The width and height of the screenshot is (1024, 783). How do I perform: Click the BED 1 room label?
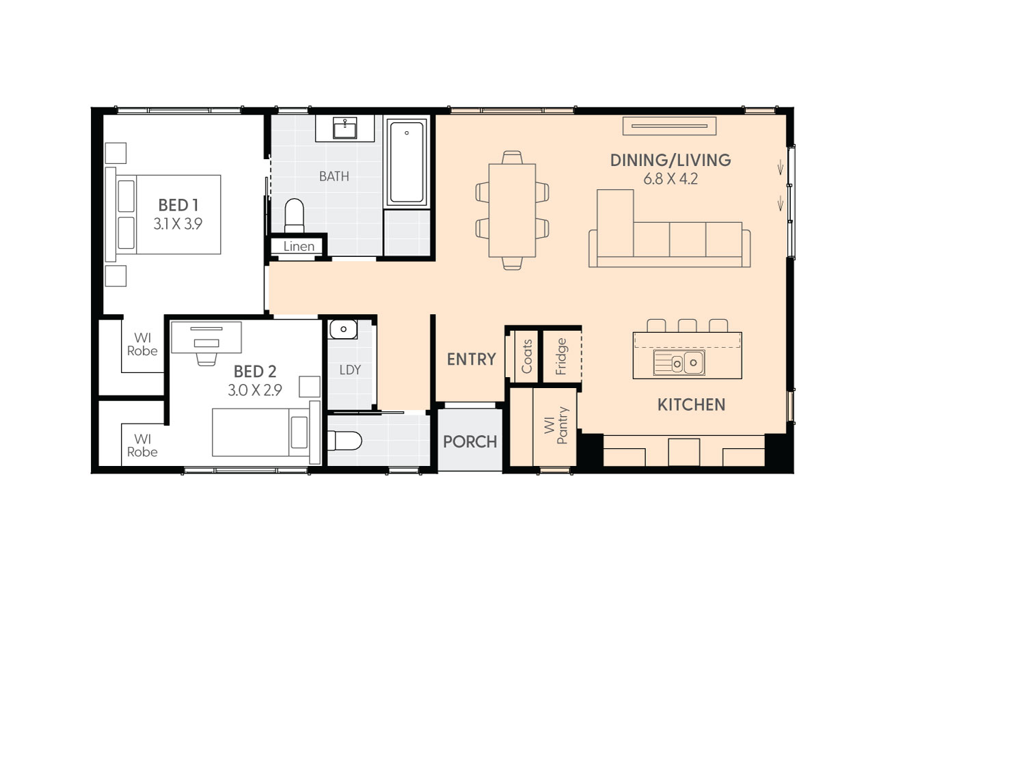[178, 205]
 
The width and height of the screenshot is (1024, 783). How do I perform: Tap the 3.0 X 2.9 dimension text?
[254, 390]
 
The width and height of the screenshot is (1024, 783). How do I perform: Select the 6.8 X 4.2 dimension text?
[670, 179]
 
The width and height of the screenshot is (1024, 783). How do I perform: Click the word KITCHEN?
[691, 404]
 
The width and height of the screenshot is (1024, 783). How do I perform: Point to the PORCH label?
[470, 441]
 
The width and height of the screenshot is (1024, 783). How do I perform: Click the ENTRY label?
[471, 359]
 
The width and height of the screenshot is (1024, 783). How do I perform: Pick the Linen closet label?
[299, 246]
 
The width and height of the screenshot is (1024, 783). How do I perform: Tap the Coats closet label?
[526, 356]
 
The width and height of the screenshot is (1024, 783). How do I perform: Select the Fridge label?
[561, 356]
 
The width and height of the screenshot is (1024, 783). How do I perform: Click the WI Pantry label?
[556, 426]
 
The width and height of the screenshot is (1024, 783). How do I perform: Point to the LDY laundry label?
[350, 370]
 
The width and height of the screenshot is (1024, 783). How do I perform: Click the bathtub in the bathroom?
[407, 162]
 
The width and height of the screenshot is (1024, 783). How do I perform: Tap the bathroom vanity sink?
[345, 128]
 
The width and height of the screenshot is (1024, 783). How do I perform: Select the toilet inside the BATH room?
[294, 215]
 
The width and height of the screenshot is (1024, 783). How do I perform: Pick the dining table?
[512, 210]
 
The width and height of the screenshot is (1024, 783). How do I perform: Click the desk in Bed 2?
[206, 337]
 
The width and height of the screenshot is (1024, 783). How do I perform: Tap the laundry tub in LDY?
[343, 329]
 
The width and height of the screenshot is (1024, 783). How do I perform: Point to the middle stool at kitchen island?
[687, 326]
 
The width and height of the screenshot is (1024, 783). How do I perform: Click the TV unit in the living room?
[669, 126]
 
